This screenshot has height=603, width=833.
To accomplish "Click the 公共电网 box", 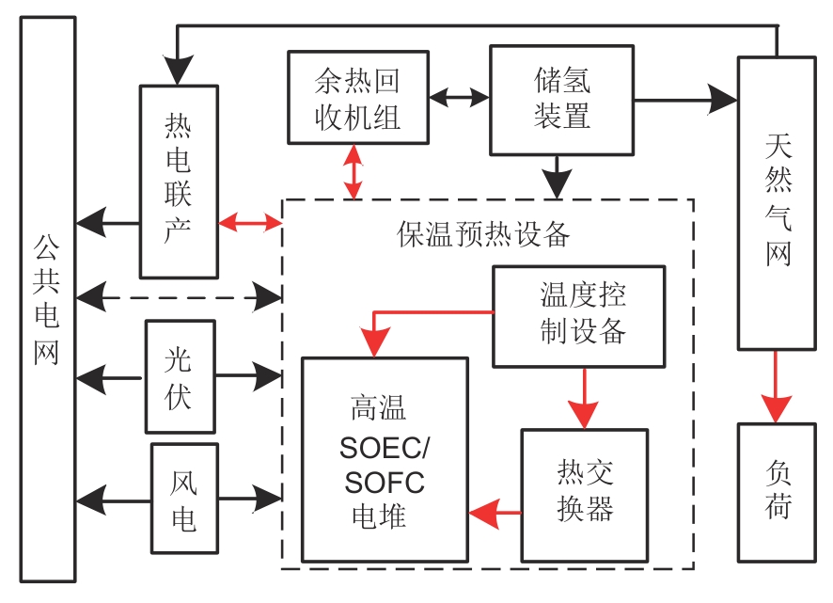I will [x=47, y=301].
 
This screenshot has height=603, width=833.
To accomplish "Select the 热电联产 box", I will [x=179, y=182].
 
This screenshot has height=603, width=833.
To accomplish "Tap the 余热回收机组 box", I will [x=357, y=98].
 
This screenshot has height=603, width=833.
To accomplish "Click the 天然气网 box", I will [x=776, y=202].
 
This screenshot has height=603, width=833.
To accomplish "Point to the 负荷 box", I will [x=776, y=491].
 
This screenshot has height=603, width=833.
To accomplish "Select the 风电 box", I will [x=183, y=498].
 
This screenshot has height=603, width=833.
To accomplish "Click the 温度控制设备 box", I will [x=578, y=316].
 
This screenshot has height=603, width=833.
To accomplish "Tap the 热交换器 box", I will [x=585, y=495].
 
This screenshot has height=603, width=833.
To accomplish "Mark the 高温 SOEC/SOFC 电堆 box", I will [x=384, y=459].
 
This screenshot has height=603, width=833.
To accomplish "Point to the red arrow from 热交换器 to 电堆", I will [x=495, y=513].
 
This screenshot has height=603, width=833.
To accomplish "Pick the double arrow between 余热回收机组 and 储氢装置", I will [x=459, y=97].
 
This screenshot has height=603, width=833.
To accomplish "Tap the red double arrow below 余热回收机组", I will [x=354, y=172].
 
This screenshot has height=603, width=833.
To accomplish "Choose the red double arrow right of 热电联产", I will [x=250, y=223].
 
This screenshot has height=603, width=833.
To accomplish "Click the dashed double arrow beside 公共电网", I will [x=179, y=298].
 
